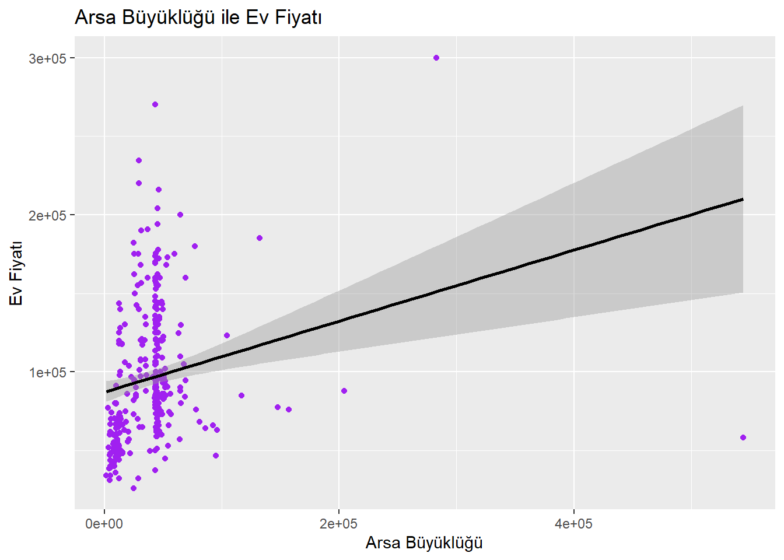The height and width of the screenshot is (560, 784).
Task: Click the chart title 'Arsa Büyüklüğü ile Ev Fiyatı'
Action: (x=198, y=17)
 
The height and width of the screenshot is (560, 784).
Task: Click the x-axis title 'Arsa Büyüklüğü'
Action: (x=424, y=543)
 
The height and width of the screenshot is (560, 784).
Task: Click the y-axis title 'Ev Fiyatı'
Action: (x=16, y=273)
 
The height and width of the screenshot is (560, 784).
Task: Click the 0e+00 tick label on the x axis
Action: (x=104, y=524)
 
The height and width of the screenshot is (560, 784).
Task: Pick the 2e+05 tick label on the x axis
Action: (x=339, y=524)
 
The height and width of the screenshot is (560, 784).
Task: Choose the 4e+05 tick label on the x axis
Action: (x=573, y=524)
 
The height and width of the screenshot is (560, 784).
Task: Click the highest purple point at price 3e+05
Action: (x=436, y=58)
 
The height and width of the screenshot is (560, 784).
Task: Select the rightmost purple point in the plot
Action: (x=743, y=437)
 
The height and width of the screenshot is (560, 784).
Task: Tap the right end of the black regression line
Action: (x=743, y=199)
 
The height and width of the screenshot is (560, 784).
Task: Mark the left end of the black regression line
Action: (x=107, y=391)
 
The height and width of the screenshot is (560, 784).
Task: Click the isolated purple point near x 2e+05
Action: (x=344, y=391)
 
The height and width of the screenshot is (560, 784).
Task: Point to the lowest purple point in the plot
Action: (x=134, y=488)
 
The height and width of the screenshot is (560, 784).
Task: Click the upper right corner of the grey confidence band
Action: (x=743, y=106)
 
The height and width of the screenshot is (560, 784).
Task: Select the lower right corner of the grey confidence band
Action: (x=743, y=292)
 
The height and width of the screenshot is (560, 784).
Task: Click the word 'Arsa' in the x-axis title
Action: (x=383, y=543)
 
